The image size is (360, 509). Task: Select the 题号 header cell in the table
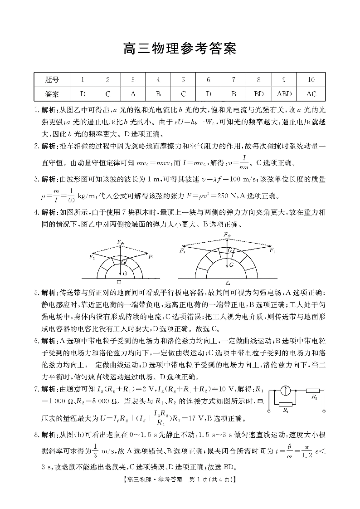[x=52, y=80]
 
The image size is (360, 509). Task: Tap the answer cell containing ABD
[x=284, y=94]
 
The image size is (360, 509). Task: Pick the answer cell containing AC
[x=311, y=94]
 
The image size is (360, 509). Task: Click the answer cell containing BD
[x=259, y=94]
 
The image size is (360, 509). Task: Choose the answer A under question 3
[x=133, y=94]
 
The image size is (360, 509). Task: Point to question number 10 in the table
[x=311, y=80]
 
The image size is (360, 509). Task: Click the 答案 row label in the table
[x=52, y=94]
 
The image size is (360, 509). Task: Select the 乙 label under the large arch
[x=228, y=282]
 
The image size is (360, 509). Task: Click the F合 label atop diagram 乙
[x=228, y=235]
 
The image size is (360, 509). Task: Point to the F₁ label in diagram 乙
[x=272, y=250]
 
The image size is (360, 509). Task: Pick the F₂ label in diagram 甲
[x=92, y=257]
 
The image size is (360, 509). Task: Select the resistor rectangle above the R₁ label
[x=286, y=403]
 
